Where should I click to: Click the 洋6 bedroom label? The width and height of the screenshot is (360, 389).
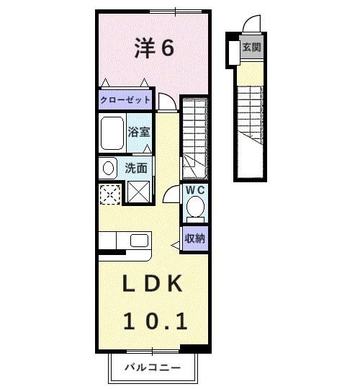pos(153,48)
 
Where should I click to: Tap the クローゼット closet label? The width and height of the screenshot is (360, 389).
pos(125,99)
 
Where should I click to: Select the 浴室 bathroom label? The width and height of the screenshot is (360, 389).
pos(139,133)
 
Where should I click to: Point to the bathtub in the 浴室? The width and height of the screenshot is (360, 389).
pos(112,133)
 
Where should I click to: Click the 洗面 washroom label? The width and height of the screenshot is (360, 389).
pos(137,168)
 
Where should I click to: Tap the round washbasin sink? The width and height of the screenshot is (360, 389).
pos(108,169)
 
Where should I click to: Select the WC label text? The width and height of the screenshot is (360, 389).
pos(195,190)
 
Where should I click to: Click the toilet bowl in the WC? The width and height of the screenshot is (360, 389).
pos(194,207)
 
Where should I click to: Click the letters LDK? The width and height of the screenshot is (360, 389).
pos(152,283)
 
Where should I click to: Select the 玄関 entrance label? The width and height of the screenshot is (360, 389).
pos(251,49)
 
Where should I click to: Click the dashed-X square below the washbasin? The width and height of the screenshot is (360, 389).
pos(110,193)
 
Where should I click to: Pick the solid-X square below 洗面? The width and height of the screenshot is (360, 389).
pos(137,192)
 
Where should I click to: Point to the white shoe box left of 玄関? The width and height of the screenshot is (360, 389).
pos(234,50)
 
